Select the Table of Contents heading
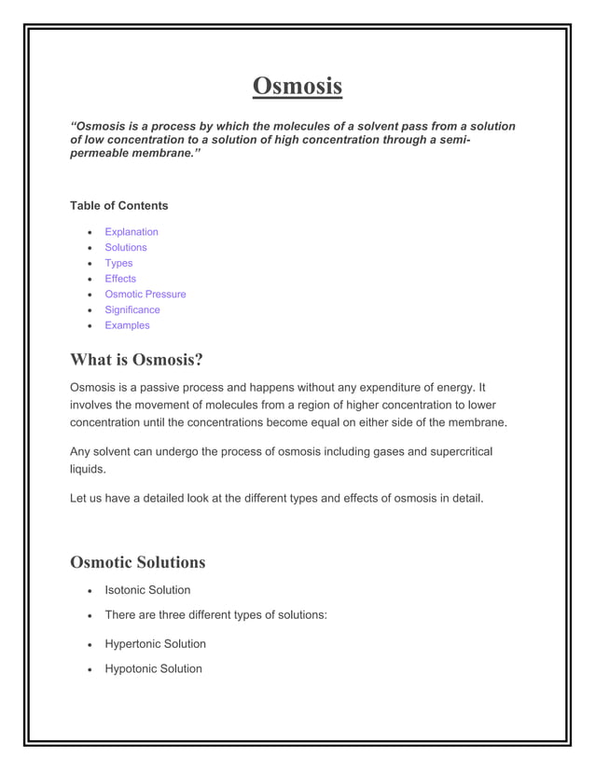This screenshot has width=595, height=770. click(119, 205)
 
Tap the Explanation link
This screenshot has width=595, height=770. click(131, 232)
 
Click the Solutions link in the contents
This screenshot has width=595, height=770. click(126, 248)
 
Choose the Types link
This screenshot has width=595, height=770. click(118, 263)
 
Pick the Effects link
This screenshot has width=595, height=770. click(120, 279)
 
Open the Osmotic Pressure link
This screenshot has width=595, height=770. click(145, 295)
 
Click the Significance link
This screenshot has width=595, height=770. click(132, 309)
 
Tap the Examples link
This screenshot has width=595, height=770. click(127, 325)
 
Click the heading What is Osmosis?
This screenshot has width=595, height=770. click(136, 360)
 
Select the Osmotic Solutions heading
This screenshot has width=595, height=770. click(138, 562)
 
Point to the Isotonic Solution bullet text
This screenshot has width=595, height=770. click(147, 590)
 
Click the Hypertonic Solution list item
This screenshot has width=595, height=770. click(156, 644)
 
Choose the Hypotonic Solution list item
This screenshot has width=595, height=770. click(153, 669)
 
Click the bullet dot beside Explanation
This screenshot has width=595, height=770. click(88, 232)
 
